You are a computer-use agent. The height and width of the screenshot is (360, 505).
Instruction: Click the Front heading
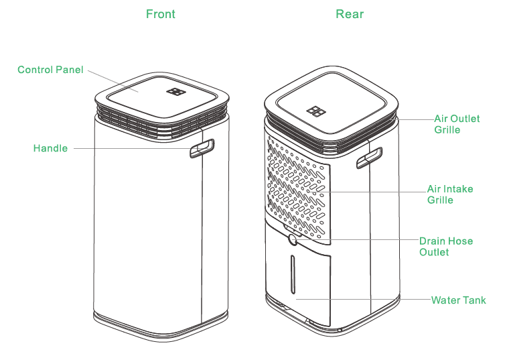[161, 13]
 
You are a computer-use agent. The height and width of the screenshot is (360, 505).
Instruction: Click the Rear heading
[349, 13]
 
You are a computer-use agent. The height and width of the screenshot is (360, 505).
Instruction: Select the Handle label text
[50, 148]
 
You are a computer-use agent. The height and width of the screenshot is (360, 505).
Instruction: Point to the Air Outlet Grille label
[457, 123]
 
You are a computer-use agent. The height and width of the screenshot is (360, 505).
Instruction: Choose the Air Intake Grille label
[450, 194]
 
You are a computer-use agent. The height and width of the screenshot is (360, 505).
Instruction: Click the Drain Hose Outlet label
[445, 246]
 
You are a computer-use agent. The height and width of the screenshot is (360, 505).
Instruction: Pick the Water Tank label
[459, 300]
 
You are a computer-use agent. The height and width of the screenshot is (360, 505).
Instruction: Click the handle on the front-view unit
[201, 148]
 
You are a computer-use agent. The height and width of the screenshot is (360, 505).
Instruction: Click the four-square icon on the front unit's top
[177, 92]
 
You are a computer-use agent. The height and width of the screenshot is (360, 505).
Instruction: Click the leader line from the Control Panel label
[111, 81]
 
